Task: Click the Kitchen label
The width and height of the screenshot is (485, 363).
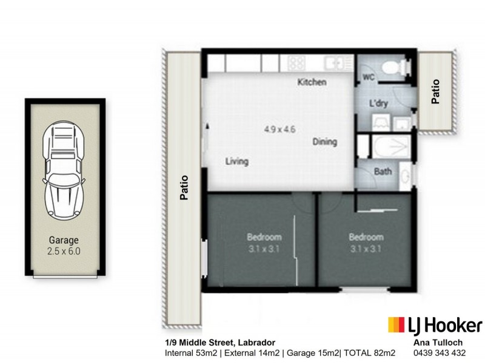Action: [312, 82]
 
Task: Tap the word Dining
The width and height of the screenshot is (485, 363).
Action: [324, 142]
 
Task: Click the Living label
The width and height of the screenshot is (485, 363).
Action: [237, 162]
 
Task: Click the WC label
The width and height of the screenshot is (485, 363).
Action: [368, 77]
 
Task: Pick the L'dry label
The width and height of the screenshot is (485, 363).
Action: [379, 103]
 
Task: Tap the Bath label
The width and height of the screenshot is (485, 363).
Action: [383, 172]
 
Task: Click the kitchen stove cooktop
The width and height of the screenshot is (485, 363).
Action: [296, 62]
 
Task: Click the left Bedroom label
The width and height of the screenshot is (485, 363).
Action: [264, 237]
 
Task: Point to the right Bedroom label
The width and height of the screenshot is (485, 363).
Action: [366, 237]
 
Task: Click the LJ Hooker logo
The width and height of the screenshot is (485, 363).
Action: [435, 325]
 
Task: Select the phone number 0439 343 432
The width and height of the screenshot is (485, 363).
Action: [439, 353]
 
